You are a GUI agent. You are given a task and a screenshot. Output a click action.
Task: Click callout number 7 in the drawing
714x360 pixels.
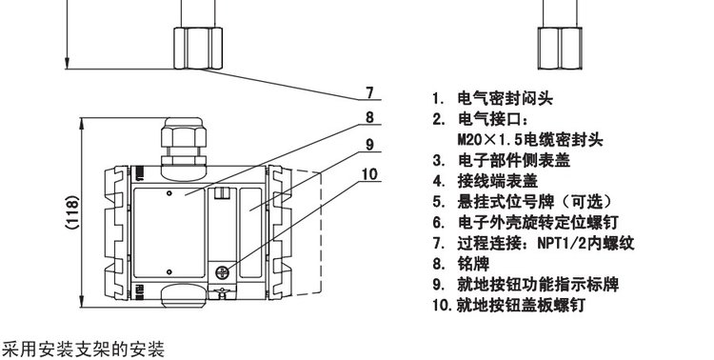369,92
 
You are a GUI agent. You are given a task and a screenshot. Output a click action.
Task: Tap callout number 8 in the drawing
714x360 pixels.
369,117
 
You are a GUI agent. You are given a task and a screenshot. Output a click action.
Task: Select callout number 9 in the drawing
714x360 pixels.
369,145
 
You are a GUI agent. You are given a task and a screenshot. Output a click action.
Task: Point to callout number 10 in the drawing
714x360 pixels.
369,174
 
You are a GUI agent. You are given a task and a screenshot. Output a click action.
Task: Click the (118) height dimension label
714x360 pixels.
72,211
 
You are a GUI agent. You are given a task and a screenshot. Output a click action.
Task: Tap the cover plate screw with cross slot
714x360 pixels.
222,273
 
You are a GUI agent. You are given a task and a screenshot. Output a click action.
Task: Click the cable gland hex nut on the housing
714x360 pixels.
184,137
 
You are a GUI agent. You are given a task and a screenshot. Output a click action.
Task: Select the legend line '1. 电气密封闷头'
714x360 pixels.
493,98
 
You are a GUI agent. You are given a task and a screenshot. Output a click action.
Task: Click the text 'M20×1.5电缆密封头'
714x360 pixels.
530,139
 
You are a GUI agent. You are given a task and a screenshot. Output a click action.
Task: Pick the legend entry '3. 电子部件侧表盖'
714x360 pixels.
501,160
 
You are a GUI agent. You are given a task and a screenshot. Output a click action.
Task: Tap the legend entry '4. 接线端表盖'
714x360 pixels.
485,181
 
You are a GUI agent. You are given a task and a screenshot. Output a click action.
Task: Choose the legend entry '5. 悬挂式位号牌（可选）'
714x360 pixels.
523,201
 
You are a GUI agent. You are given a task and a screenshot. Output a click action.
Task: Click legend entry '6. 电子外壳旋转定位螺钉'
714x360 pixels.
525,222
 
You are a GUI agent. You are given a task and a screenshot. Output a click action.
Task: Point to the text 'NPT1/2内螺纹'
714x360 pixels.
585,243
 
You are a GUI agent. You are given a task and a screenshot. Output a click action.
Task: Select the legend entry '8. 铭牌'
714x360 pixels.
461,264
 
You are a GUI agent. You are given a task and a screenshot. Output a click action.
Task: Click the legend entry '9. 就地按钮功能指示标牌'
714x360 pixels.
526,285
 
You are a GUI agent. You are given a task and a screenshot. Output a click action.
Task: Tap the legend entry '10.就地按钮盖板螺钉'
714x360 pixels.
508,305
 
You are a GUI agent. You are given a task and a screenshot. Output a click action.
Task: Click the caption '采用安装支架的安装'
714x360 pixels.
83,350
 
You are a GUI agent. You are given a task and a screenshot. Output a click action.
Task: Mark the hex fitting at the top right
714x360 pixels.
560,49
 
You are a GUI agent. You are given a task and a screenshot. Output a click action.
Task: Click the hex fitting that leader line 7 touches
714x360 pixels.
198,49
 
